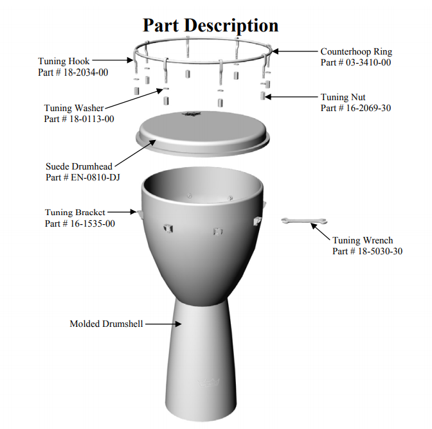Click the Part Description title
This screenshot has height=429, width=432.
click(210, 25)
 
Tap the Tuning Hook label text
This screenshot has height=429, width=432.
click(64, 62)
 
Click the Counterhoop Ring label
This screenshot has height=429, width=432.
click(356, 51)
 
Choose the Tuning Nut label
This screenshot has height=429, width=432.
click(343, 97)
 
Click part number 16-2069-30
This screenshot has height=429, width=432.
click(355, 108)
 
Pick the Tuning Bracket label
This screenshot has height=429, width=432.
click(75, 213)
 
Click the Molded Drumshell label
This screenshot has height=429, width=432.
click(106, 324)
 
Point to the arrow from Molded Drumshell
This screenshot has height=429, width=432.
click(163, 324)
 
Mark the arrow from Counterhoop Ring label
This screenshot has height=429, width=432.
click(296, 51)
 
